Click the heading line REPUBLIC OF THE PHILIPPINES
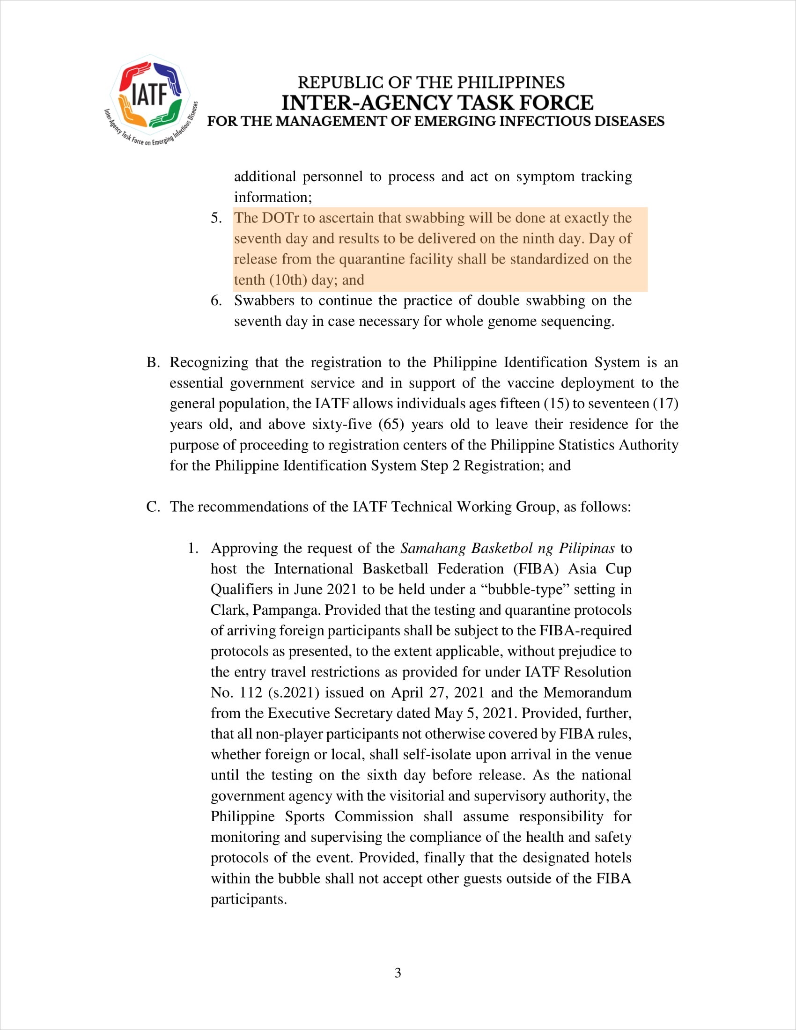pos(431,82)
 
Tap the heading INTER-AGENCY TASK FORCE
pos(437,103)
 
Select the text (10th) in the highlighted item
pos(287,280)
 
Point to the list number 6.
pos(216,301)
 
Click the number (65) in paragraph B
pos(391,424)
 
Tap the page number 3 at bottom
pos(398,973)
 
